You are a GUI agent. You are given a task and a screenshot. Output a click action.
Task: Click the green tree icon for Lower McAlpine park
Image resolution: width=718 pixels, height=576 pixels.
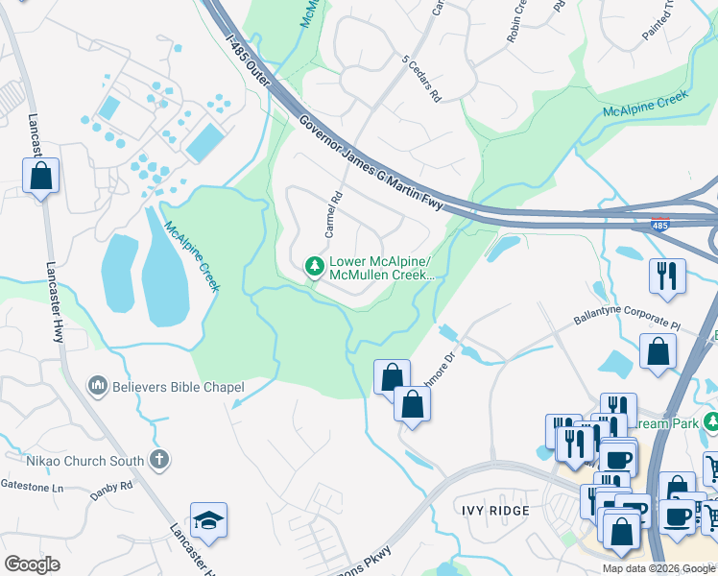click(x=313, y=265)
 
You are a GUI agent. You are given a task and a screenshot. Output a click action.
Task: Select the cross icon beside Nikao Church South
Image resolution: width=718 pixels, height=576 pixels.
click(x=159, y=460)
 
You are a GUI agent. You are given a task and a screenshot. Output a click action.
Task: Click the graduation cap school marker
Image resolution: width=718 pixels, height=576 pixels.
click(x=208, y=519)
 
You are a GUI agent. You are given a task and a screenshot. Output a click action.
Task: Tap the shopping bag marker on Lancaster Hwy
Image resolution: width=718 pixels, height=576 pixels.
click(x=40, y=177)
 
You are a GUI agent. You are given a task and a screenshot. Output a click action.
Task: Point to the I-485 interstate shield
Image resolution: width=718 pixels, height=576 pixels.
click(x=659, y=226)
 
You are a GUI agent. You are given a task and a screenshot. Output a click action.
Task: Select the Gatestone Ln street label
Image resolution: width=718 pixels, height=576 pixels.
click(x=33, y=487)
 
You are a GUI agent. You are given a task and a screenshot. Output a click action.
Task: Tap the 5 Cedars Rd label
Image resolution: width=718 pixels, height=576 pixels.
click(x=421, y=84)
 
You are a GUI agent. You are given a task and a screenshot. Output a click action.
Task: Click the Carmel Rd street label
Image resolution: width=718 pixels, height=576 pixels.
click(x=333, y=216)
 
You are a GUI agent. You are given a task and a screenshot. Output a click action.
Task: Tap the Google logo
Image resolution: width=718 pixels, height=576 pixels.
click(x=33, y=564)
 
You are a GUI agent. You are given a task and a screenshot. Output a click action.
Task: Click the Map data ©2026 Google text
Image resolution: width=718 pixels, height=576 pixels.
click(x=658, y=568)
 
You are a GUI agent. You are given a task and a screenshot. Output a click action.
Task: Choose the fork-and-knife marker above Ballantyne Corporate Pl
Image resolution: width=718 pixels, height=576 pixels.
click(x=667, y=276)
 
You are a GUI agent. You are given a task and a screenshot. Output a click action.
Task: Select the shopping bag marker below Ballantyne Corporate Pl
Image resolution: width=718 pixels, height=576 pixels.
click(x=658, y=351)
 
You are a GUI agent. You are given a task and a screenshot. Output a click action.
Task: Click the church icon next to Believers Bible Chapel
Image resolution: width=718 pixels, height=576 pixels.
click(x=96, y=387)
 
